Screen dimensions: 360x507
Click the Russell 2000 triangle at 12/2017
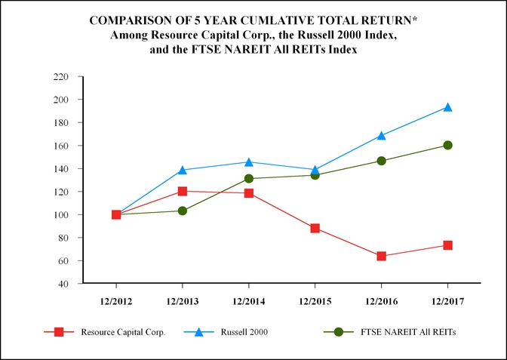(x=447, y=107)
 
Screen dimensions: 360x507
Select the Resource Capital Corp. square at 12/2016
(x=381, y=257)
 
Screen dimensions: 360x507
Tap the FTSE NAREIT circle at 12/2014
(x=249, y=179)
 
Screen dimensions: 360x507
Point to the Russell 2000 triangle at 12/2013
(x=183, y=170)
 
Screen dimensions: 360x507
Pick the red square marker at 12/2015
(x=315, y=228)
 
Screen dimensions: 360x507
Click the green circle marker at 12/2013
(x=183, y=211)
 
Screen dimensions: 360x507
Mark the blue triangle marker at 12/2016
(x=381, y=136)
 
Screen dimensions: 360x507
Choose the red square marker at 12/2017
(x=447, y=245)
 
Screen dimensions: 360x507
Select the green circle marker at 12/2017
(x=447, y=145)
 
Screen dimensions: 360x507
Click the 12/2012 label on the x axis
(x=116, y=300)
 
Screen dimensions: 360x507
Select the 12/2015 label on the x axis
(x=315, y=300)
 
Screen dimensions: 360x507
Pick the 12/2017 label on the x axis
(x=447, y=300)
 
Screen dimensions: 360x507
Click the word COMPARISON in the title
(x=133, y=20)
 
